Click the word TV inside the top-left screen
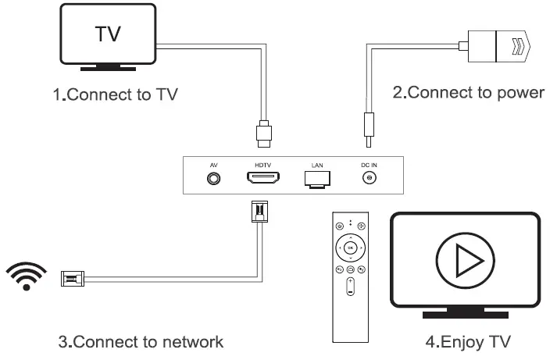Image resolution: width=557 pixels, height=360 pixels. click(x=109, y=34)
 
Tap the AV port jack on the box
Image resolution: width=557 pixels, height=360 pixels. click(x=212, y=178)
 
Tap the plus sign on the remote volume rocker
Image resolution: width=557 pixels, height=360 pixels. click(x=351, y=281)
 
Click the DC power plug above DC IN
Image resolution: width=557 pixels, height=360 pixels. click(x=366, y=127)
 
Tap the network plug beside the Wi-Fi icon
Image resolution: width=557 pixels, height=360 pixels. click(x=70, y=277)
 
